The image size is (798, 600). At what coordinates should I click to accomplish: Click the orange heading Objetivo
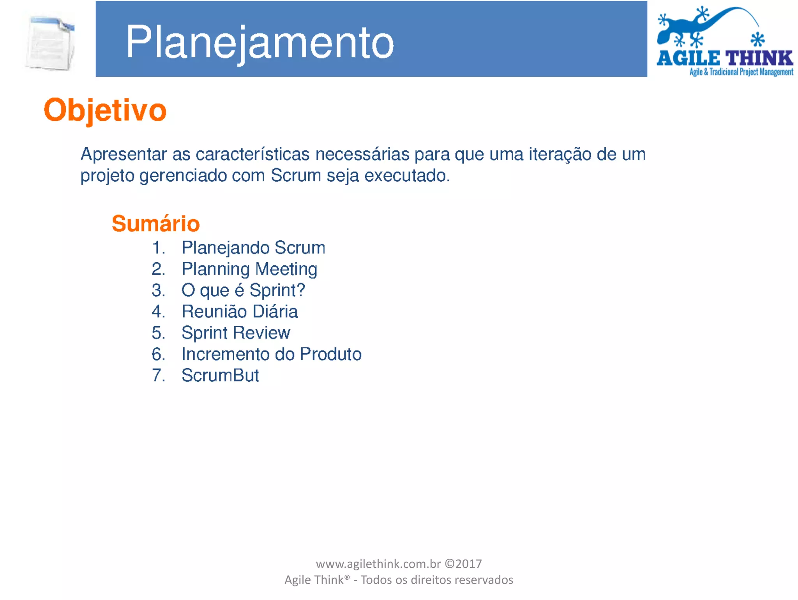click(105, 110)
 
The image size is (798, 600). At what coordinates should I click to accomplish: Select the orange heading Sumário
click(155, 224)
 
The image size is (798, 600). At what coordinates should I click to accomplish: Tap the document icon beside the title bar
click(50, 43)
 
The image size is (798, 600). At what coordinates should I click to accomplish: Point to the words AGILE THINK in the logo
click(725, 58)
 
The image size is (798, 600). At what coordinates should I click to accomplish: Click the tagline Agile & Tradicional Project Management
click(741, 72)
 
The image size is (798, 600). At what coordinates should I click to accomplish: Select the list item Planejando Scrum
click(253, 248)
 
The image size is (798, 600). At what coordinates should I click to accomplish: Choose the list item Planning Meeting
click(249, 269)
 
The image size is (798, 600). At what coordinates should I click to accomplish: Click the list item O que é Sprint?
click(243, 290)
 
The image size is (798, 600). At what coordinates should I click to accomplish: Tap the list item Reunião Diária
click(240, 312)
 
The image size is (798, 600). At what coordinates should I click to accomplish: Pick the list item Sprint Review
click(236, 333)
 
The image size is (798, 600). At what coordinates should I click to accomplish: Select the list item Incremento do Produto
click(272, 354)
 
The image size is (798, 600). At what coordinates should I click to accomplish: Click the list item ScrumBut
click(220, 376)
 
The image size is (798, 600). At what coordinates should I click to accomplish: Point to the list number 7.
click(158, 376)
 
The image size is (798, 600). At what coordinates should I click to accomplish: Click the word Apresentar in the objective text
click(124, 155)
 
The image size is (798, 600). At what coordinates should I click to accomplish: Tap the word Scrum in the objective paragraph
click(296, 176)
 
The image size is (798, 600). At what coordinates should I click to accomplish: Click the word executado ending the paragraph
click(407, 176)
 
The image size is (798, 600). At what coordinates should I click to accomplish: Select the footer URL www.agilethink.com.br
click(378, 564)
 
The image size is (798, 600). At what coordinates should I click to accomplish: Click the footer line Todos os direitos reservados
click(437, 580)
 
